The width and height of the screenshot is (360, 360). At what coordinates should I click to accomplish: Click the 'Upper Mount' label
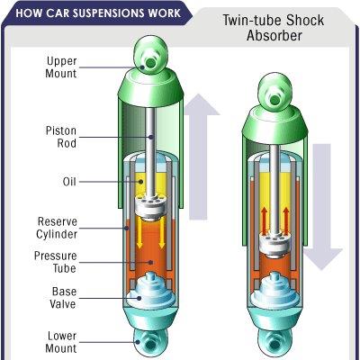(x=61, y=67)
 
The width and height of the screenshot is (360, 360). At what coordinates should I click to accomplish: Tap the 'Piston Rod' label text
(x=61, y=137)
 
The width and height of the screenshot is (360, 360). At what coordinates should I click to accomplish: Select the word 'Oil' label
(x=69, y=182)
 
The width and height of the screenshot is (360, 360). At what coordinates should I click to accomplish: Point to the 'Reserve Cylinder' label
(x=57, y=228)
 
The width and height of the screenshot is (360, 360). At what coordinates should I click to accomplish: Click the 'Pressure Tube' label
(x=56, y=262)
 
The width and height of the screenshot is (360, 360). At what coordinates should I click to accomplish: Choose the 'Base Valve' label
(x=64, y=298)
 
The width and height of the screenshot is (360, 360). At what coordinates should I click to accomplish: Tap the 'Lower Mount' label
(x=62, y=342)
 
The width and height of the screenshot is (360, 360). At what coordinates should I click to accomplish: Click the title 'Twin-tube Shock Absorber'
(x=274, y=28)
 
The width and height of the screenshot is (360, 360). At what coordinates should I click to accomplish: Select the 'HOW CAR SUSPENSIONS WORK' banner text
(x=98, y=13)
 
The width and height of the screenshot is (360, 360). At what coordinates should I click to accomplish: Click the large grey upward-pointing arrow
(x=198, y=157)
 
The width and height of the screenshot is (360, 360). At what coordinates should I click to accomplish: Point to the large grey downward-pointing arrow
(x=322, y=207)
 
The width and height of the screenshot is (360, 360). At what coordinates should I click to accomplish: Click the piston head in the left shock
(x=150, y=208)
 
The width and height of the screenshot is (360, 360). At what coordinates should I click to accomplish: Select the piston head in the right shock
(x=275, y=245)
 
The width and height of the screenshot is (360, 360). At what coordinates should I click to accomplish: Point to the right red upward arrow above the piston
(x=286, y=220)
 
